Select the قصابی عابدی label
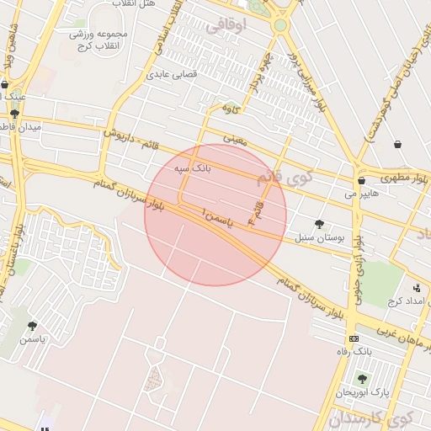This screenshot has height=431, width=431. coord(172,74)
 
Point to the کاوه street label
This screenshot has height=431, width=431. coord(231,109)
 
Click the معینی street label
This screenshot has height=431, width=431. coord(236,137)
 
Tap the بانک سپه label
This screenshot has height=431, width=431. coord(192,169)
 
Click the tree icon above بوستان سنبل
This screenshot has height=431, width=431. coord(319,224)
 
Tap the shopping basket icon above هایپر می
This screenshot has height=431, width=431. coord(361,180)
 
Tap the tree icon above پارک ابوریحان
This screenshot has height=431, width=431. coord(362,379)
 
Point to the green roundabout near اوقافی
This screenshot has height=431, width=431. coord(280,25)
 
